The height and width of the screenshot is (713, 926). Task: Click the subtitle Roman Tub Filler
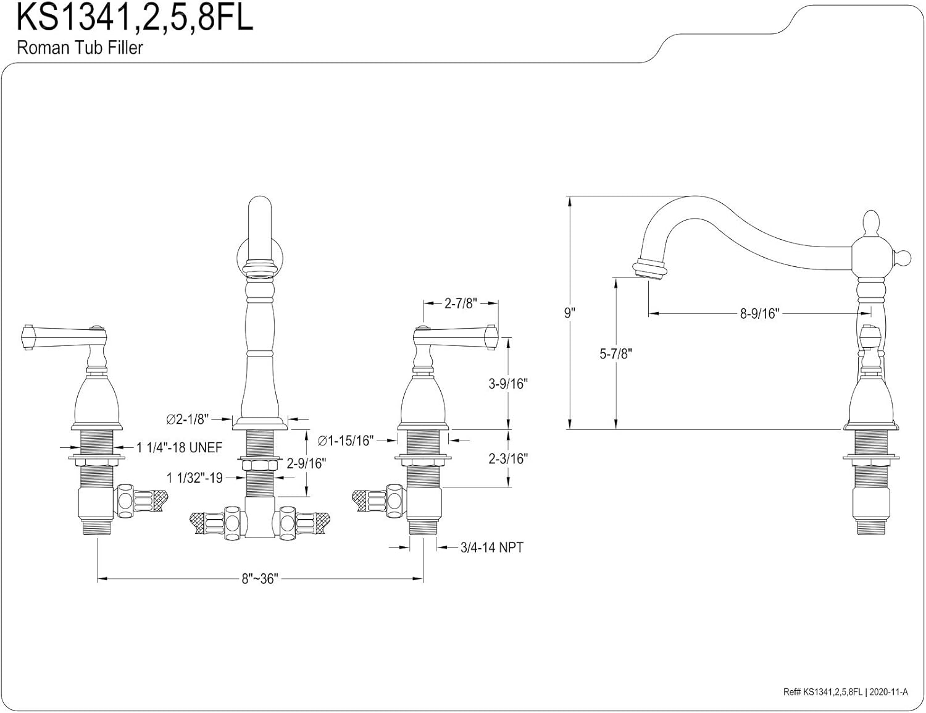pos(80,48)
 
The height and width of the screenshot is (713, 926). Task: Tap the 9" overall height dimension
pos(569,313)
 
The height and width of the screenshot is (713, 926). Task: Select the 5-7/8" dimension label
pos(615,354)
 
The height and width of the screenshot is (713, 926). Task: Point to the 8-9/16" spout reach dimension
pos(760,314)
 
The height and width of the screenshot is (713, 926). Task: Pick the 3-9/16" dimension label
pos(508,384)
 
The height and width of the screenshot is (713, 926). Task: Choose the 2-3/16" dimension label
pos(508,458)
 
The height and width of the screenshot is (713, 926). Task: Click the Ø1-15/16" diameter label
pos(346,441)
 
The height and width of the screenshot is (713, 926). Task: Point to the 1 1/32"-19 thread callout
pos(194,478)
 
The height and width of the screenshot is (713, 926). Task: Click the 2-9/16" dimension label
pos(306,463)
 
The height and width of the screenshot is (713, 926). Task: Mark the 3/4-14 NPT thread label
pos(491,547)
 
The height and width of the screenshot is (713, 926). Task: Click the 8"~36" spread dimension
pos(260,579)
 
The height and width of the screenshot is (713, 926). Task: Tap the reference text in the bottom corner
pos(845,693)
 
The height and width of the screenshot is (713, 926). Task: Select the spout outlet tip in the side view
pos(648,270)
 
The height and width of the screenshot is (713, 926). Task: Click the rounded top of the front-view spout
pos(259,207)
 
